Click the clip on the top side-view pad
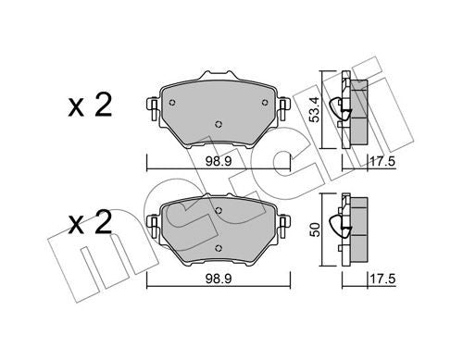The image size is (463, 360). pyautogui.click(x=351, y=108)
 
